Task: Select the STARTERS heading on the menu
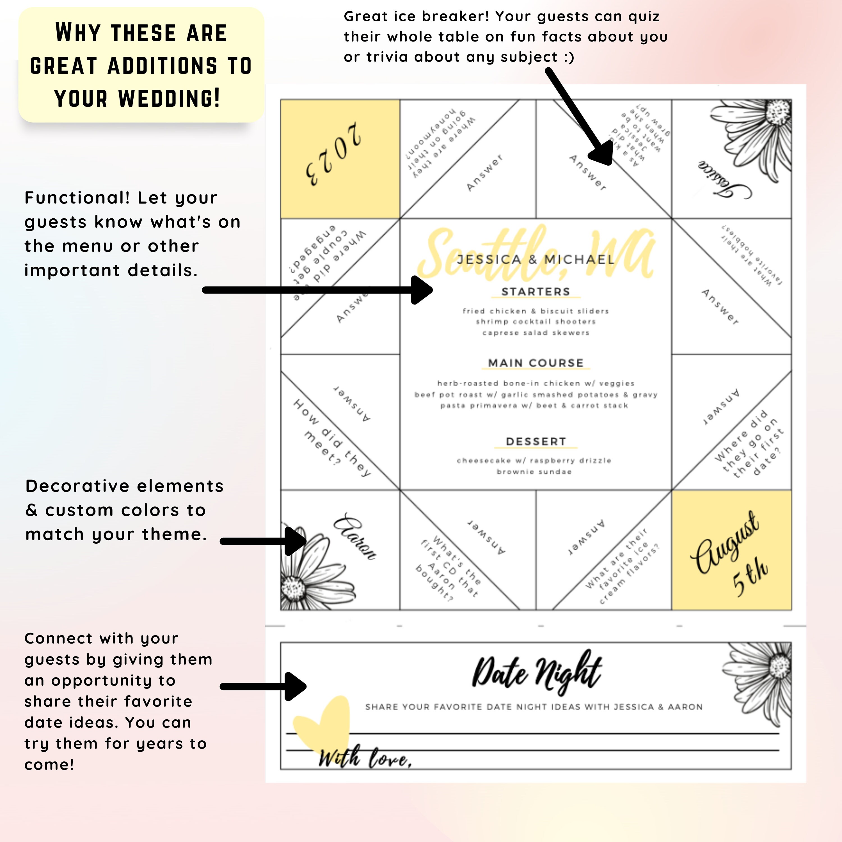coord(536,292)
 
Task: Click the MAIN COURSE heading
coord(536,363)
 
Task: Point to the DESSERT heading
coord(536,441)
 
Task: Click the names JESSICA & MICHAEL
coord(536,259)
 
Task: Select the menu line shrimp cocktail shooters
coord(536,322)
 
